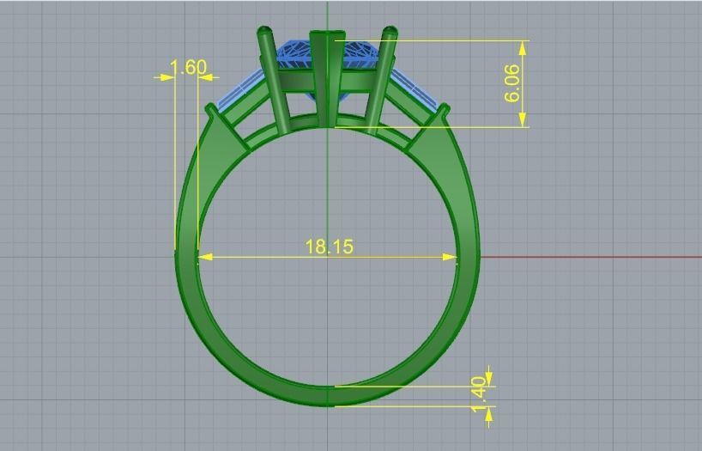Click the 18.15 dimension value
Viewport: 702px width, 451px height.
click(x=329, y=247)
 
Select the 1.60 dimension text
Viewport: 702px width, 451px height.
click(x=188, y=67)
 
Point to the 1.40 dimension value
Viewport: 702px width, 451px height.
click(x=479, y=393)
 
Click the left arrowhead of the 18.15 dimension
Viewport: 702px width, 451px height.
click(x=204, y=256)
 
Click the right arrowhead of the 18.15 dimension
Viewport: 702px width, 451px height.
click(x=451, y=256)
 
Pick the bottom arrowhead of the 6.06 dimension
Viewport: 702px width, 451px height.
click(x=523, y=121)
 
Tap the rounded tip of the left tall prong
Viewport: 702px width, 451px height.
click(x=263, y=32)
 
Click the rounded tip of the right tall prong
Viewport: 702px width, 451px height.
click(x=390, y=32)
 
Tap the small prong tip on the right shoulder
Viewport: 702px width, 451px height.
click(x=445, y=108)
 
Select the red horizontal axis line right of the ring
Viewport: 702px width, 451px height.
click(x=592, y=257)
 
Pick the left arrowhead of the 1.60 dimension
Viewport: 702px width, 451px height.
click(x=168, y=77)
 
